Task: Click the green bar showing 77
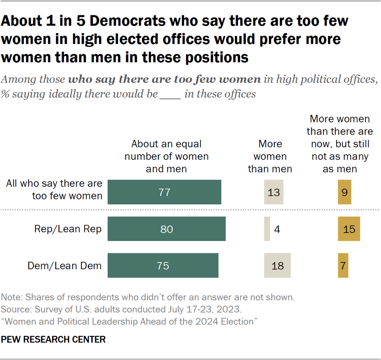click(x=165, y=192)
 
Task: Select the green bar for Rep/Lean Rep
click(x=167, y=229)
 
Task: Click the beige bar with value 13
click(x=274, y=192)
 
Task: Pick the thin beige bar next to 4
click(x=267, y=229)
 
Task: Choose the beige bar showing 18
click(x=277, y=266)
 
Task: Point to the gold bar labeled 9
click(x=344, y=192)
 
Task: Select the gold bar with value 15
click(x=349, y=229)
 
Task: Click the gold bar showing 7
click(x=343, y=266)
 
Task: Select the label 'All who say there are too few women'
click(x=54, y=190)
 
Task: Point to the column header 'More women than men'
click(x=270, y=156)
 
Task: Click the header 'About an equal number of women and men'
click(x=166, y=156)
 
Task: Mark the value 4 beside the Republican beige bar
click(x=277, y=229)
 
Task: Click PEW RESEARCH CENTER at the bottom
click(x=54, y=340)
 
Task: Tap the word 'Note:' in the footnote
click(x=13, y=298)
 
